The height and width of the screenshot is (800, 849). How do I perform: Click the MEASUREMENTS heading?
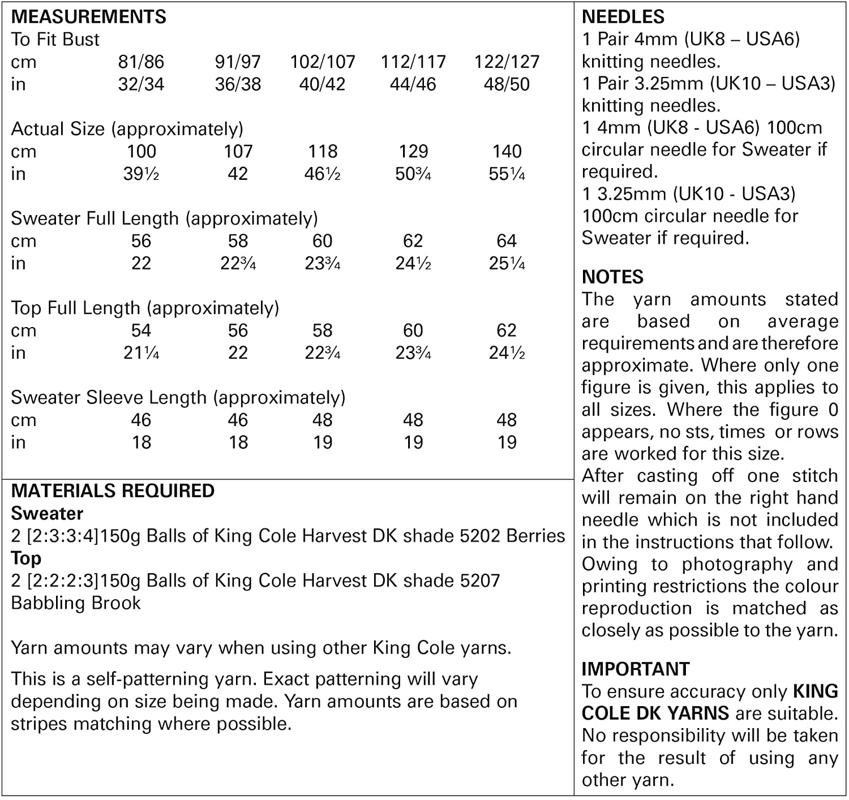click(88, 16)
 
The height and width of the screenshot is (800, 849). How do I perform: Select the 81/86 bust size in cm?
click(141, 62)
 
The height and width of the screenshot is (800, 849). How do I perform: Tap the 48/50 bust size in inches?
click(507, 84)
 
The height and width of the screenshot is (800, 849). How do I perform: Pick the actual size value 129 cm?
click(413, 152)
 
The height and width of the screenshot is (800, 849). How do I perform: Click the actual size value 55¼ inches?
click(507, 174)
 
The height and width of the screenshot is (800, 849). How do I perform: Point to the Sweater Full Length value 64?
click(507, 241)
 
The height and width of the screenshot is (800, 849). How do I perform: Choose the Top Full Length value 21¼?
click(141, 353)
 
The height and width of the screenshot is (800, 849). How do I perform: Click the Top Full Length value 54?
click(141, 330)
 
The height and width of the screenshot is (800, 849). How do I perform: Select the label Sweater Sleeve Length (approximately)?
click(178, 398)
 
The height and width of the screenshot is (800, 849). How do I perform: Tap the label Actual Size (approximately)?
click(127, 129)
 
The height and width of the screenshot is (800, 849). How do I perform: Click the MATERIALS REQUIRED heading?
click(113, 491)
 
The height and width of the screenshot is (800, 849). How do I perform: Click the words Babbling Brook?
click(76, 603)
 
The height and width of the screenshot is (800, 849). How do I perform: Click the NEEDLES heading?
click(623, 16)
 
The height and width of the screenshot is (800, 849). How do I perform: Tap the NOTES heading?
click(612, 277)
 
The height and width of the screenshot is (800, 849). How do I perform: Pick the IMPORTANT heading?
click(635, 669)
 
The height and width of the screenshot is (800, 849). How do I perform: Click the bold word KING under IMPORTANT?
click(815, 691)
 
